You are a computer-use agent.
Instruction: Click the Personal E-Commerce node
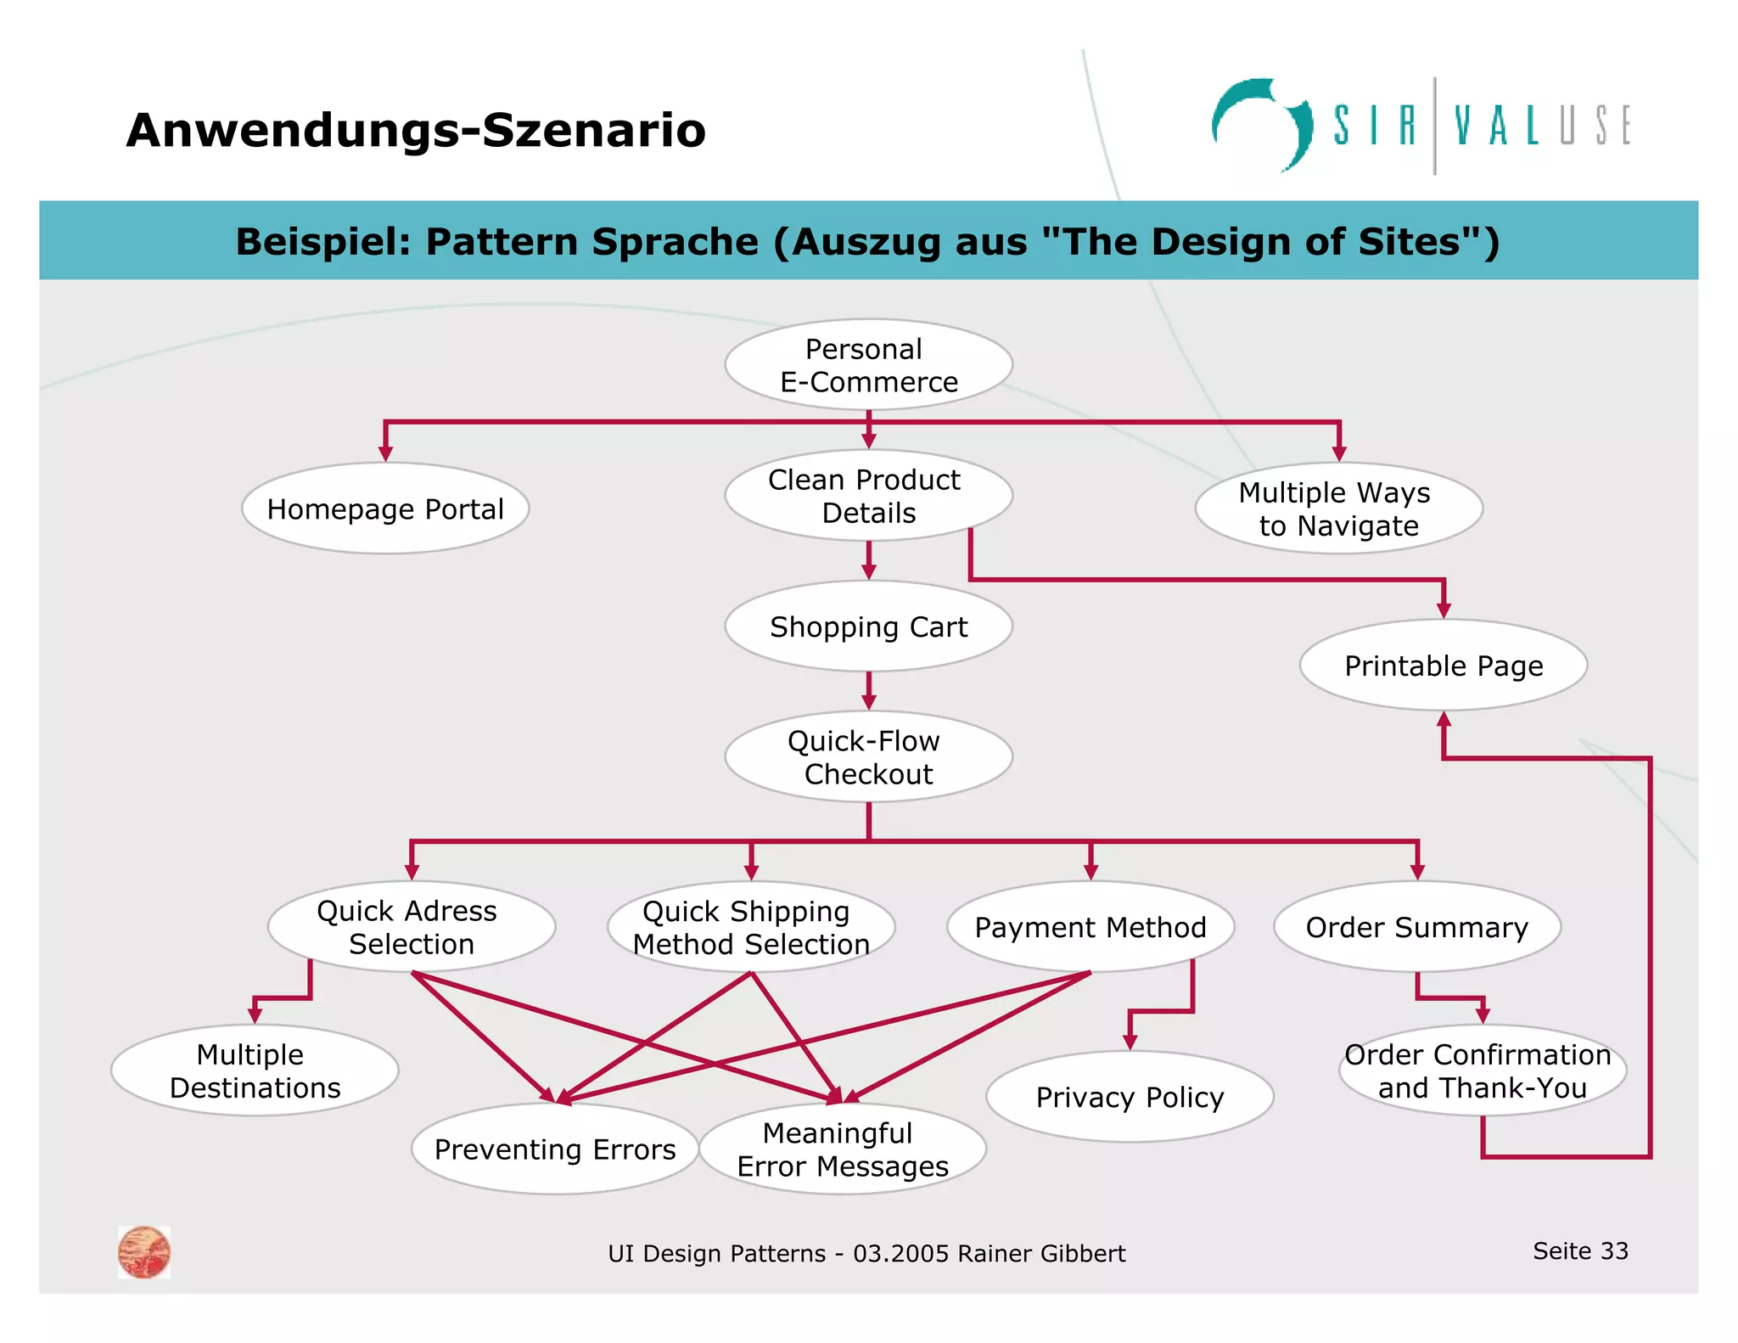click(x=868, y=365)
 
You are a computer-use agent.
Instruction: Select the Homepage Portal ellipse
click(x=385, y=509)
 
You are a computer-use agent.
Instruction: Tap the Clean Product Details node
click(x=868, y=496)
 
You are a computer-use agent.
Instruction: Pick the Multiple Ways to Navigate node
click(x=1338, y=509)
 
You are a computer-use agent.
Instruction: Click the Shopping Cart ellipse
click(x=868, y=627)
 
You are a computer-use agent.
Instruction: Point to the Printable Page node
click(x=1443, y=666)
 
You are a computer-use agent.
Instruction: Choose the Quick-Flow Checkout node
click(x=868, y=756)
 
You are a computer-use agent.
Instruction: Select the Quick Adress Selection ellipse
click(x=412, y=927)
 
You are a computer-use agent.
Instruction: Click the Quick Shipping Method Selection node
click(x=751, y=927)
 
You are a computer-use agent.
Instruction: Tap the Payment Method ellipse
click(x=1090, y=927)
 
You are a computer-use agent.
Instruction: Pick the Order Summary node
click(x=1416, y=927)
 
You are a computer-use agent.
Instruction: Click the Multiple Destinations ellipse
click(x=255, y=1070)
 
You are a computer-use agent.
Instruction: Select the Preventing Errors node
click(x=555, y=1149)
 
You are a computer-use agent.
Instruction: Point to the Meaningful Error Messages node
click(x=842, y=1149)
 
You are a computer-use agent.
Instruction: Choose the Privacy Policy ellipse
click(x=1130, y=1097)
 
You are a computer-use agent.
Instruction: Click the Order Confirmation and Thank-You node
click(x=1482, y=1070)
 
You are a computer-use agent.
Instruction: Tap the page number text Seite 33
click(x=1580, y=1250)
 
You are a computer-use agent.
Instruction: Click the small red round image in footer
click(x=144, y=1252)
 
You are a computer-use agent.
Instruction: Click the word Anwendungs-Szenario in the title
click(x=416, y=131)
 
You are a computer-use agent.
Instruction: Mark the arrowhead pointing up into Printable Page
click(x=1444, y=721)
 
